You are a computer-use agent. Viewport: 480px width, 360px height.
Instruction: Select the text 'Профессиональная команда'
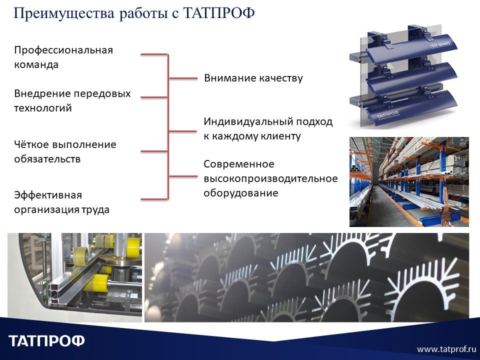(63, 57)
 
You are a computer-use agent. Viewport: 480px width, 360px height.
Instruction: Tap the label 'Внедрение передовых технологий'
(72, 100)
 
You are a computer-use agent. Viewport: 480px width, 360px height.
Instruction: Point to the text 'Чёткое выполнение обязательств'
(65, 151)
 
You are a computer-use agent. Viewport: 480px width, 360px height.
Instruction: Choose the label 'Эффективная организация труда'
(61, 202)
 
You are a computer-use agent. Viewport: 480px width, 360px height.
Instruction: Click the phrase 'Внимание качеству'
(253, 78)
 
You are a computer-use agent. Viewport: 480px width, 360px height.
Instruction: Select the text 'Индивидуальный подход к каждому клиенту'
(267, 128)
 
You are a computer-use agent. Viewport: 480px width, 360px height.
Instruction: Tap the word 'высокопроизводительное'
(270, 178)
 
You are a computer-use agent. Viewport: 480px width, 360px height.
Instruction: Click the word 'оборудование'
(240, 193)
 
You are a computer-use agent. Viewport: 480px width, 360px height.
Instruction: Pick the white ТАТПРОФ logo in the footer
(47, 341)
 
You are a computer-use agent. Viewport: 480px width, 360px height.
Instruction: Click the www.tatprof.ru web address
(446, 348)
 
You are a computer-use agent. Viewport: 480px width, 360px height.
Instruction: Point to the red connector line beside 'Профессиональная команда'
(154, 54)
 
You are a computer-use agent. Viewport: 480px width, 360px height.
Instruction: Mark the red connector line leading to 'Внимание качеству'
(183, 78)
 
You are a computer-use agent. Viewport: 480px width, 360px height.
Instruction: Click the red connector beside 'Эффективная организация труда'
(154, 199)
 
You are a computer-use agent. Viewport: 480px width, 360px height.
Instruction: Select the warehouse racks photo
(409, 181)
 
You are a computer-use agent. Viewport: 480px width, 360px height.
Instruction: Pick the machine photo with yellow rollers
(75, 277)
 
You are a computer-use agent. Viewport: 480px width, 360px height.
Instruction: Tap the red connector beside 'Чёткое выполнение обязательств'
(154, 151)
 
